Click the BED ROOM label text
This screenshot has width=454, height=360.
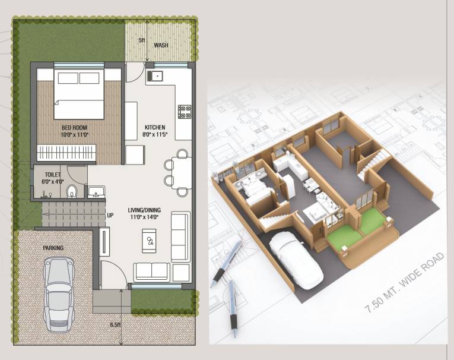[x=74, y=128]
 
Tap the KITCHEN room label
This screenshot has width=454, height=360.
[x=155, y=127]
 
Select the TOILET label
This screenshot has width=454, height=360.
[x=53, y=175]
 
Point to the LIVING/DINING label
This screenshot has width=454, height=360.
[x=144, y=210]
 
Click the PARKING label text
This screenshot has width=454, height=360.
[x=53, y=248]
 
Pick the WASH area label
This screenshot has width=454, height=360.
[x=161, y=45]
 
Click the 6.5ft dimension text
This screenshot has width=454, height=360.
[x=115, y=324]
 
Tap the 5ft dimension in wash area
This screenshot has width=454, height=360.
[x=142, y=40]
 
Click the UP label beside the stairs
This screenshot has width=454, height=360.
[x=110, y=216]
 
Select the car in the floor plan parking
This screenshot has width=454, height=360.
[x=59, y=295]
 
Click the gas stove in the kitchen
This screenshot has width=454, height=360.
[x=185, y=112]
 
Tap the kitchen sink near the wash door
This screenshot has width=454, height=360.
[x=155, y=76]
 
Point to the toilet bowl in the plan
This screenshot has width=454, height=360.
[x=72, y=192]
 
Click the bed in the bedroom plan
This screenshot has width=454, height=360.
[x=79, y=94]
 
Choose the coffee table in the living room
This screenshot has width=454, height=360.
[x=149, y=241]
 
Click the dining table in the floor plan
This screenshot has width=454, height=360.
[x=182, y=173]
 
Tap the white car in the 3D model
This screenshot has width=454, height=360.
[x=296, y=260]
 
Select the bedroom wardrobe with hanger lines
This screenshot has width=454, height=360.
[x=66, y=153]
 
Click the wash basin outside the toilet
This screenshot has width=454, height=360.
[x=96, y=192]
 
